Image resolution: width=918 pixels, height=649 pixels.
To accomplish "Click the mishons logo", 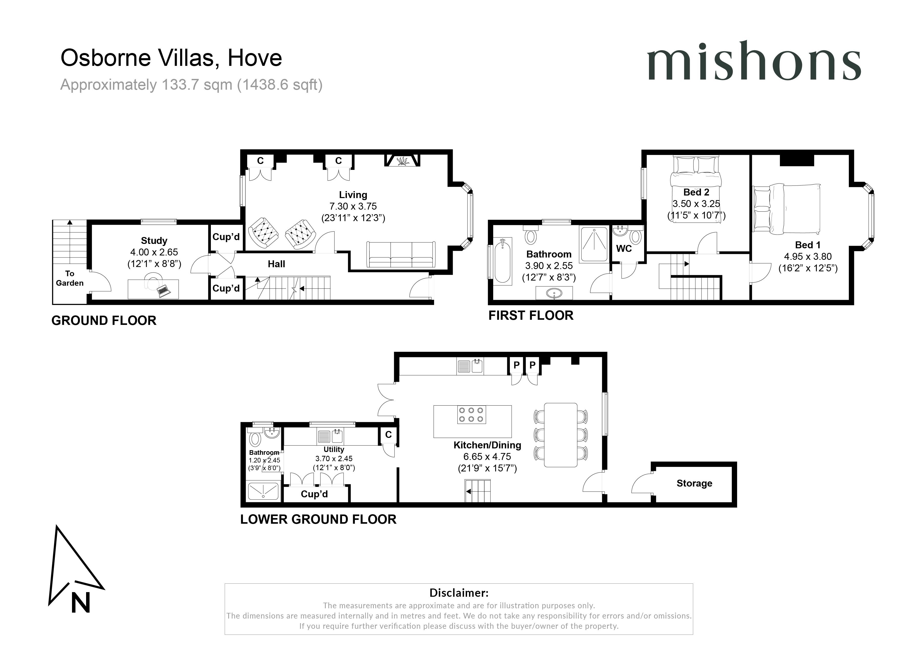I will (x=754, y=61).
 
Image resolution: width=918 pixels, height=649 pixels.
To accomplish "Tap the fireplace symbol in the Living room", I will (x=402, y=161).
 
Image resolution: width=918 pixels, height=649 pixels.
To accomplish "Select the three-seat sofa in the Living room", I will (x=401, y=255).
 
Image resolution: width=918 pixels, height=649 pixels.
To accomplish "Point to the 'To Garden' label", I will (x=70, y=278).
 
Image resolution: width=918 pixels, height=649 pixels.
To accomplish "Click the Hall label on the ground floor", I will (x=276, y=264).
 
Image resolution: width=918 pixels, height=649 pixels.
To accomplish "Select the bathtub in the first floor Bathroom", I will (x=502, y=262).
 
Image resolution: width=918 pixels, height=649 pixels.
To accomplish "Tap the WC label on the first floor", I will (x=624, y=249).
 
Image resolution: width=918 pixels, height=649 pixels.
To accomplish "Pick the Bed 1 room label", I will (x=807, y=245).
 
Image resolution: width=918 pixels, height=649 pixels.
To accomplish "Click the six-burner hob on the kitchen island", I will (x=471, y=415).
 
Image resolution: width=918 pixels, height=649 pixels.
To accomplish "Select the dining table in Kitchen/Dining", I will (x=561, y=435).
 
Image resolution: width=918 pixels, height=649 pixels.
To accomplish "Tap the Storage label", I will (x=694, y=483).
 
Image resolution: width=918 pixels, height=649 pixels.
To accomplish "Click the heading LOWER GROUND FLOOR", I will (x=318, y=519).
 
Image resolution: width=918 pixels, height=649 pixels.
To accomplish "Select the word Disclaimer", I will (x=459, y=593).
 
